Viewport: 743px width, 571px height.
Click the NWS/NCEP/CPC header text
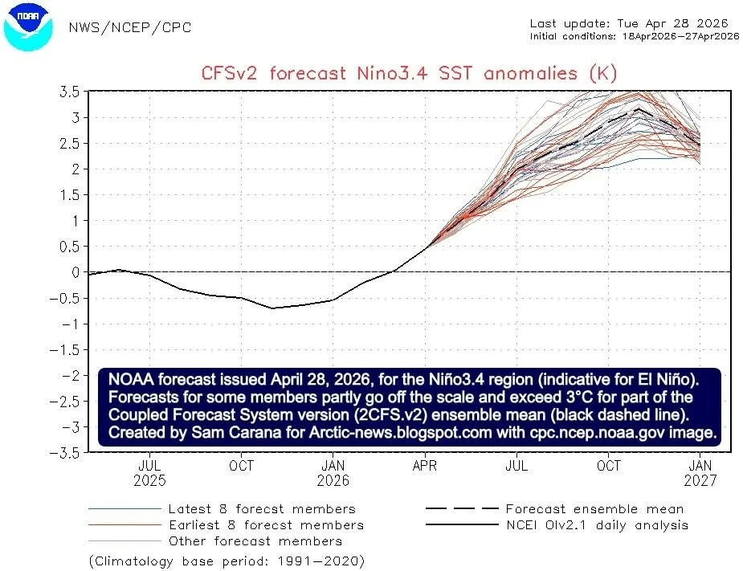(129, 28)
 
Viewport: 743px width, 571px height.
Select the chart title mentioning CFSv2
(409, 74)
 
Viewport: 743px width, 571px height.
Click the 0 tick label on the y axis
(75, 272)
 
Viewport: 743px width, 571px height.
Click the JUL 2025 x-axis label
(150, 473)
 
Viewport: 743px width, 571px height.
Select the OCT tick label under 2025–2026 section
(241, 466)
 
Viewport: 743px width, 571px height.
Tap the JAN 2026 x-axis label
(333, 473)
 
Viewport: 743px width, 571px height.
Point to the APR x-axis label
(425, 466)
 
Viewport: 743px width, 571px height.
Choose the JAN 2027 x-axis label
(700, 473)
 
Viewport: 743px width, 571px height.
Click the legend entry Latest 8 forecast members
(261, 509)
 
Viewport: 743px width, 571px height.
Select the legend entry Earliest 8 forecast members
(265, 525)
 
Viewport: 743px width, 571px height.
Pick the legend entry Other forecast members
(255, 540)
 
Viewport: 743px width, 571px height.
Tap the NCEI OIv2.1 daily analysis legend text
(596, 525)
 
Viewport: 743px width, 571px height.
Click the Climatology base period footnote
(226, 560)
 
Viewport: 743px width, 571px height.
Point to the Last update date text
(634, 23)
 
